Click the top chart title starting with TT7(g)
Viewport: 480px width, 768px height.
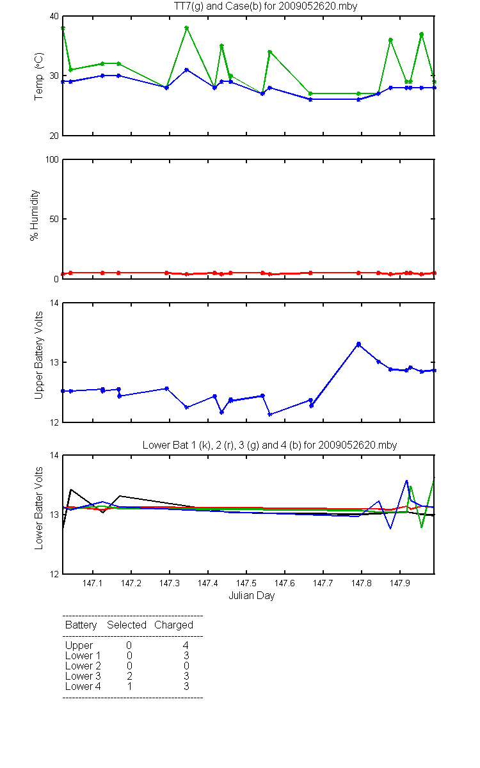click(266, 6)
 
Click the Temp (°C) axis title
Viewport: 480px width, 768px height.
click(39, 76)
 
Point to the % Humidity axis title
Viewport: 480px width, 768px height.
click(35, 215)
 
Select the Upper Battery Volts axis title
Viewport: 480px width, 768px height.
click(39, 355)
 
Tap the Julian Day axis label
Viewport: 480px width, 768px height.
click(252, 596)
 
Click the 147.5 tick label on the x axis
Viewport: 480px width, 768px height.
click(246, 583)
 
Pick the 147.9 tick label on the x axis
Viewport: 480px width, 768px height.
click(400, 583)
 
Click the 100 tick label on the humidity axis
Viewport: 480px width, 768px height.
click(52, 159)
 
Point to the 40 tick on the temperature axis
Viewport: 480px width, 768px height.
click(54, 16)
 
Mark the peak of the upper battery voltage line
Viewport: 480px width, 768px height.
click(358, 344)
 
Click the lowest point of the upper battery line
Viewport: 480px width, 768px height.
click(270, 415)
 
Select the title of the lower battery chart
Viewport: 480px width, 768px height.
click(270, 445)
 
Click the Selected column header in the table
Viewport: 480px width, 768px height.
click(127, 625)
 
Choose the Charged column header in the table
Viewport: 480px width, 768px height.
click(174, 625)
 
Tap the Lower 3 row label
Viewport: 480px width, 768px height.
click(83, 676)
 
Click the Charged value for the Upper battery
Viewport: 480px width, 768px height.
click(186, 645)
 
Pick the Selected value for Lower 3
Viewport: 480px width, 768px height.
click(129, 676)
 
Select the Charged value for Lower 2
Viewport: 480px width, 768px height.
click(186, 666)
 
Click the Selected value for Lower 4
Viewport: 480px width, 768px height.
click(129, 686)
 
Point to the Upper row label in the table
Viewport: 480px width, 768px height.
click(79, 646)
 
